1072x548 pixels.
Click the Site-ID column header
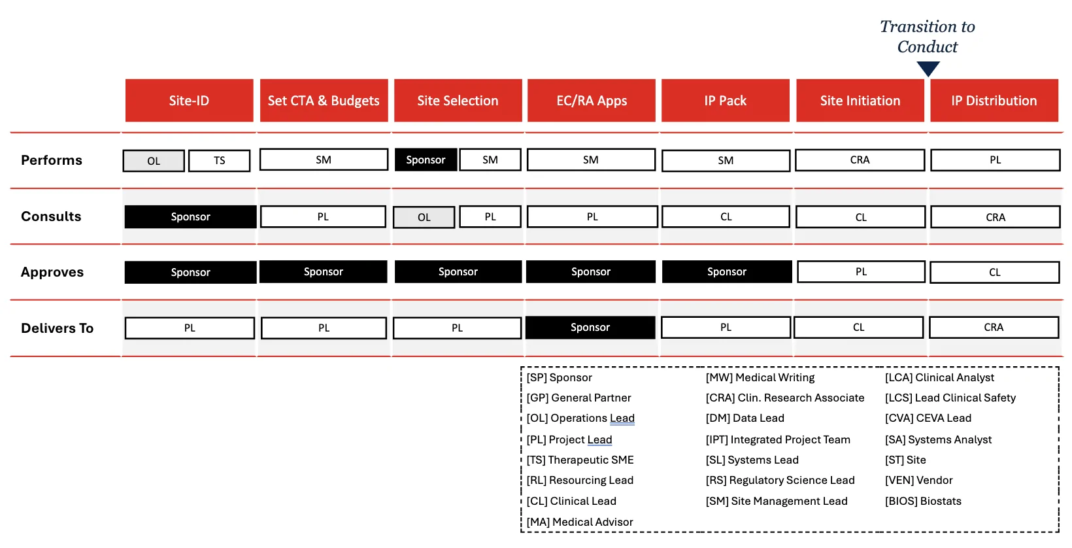(x=189, y=101)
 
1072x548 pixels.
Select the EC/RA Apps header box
(x=592, y=101)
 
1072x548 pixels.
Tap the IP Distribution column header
(x=994, y=101)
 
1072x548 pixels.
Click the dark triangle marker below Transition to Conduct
(x=928, y=69)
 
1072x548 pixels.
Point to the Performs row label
(x=52, y=160)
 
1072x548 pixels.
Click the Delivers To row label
(x=57, y=328)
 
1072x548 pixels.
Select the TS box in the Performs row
(x=219, y=160)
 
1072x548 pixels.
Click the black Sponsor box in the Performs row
(x=426, y=160)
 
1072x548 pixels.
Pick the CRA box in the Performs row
(x=860, y=160)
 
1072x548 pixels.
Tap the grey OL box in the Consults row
(x=424, y=217)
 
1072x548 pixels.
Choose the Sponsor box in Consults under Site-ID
(x=190, y=217)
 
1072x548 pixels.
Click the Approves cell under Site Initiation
(x=861, y=272)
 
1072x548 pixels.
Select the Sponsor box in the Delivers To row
(x=590, y=328)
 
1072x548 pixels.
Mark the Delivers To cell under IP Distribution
(x=994, y=328)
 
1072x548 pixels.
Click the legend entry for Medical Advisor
(x=580, y=522)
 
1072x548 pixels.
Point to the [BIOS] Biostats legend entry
(x=923, y=501)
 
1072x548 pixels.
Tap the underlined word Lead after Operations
(x=622, y=418)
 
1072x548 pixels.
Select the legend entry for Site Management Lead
(x=777, y=501)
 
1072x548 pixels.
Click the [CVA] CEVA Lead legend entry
(x=928, y=418)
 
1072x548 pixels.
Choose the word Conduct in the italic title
(x=928, y=47)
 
